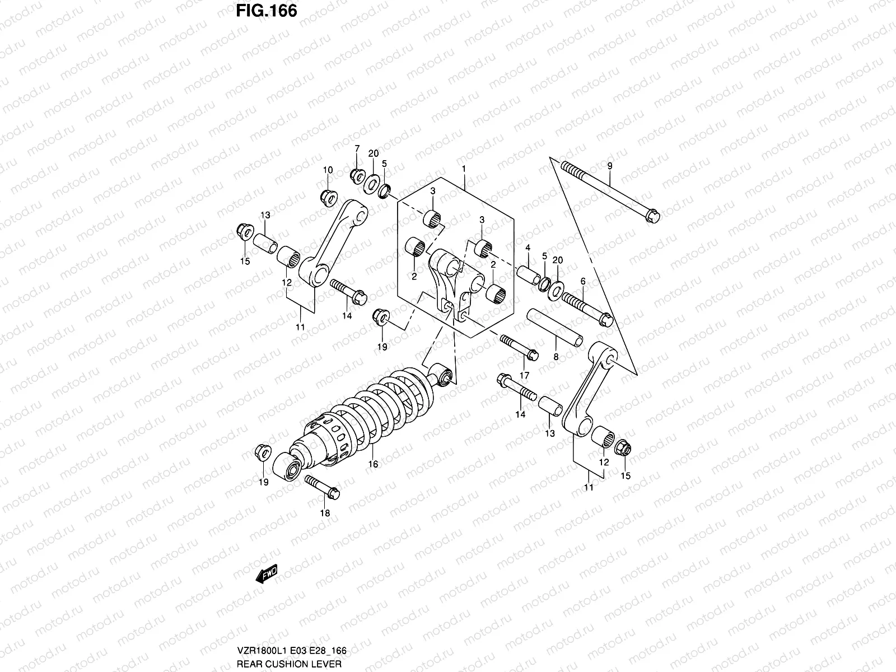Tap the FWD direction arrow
(267, 575)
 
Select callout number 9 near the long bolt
(610, 166)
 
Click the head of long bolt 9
(652, 215)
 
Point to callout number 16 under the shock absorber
(374, 464)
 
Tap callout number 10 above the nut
(328, 170)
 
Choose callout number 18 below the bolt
(325, 513)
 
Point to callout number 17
(525, 375)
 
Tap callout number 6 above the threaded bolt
(582, 281)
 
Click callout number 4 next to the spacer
(528, 248)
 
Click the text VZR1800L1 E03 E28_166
(292, 651)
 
